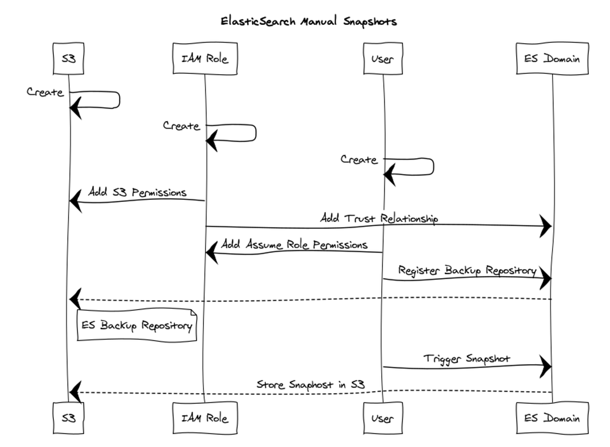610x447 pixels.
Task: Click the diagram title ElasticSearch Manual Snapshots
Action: (309, 22)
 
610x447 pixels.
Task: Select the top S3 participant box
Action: (68, 58)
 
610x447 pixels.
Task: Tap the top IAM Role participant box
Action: (205, 58)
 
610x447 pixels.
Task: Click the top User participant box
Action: (382, 58)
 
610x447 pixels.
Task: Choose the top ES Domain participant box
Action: (552, 58)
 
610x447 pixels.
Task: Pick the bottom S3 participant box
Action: (68, 418)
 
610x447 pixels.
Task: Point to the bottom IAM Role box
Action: (205, 418)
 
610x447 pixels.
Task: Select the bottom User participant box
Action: (382, 418)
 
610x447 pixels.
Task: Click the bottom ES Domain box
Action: (552, 418)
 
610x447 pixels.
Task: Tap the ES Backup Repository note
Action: (136, 325)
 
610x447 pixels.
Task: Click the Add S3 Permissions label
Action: (137, 193)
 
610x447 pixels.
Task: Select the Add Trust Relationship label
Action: (379, 219)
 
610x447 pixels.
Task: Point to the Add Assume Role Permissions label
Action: (294, 245)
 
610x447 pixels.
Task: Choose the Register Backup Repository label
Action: (467, 271)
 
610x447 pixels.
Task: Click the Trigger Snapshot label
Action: (467, 359)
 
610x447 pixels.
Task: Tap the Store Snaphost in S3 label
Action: (311, 384)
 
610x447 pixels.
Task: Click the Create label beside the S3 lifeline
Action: (45, 93)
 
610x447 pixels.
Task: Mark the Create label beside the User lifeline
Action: (359, 160)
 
